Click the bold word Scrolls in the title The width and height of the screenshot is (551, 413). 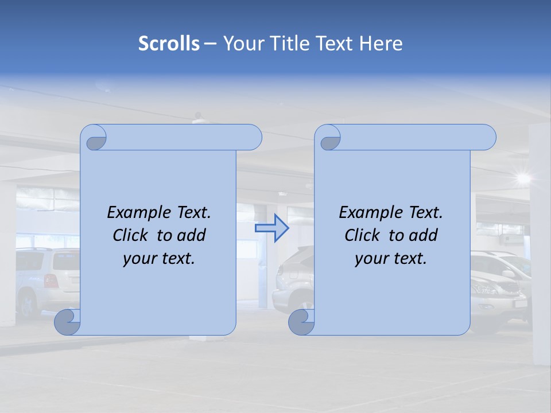click(169, 44)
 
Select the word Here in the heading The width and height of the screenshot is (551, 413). click(381, 44)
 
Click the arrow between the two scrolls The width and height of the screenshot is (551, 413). click(271, 228)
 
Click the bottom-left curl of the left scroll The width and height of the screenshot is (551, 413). click(67, 322)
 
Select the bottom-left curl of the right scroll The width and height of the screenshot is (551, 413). click(301, 322)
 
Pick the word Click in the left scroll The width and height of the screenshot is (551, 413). click(132, 236)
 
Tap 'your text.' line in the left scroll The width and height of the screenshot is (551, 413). click(159, 259)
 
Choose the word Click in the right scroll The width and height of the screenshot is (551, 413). click(364, 236)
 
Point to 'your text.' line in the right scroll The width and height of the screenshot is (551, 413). click(391, 259)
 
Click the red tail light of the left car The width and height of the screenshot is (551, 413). click(51, 280)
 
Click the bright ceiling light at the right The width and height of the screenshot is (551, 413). click(522, 178)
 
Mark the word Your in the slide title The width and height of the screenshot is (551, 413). click(242, 44)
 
